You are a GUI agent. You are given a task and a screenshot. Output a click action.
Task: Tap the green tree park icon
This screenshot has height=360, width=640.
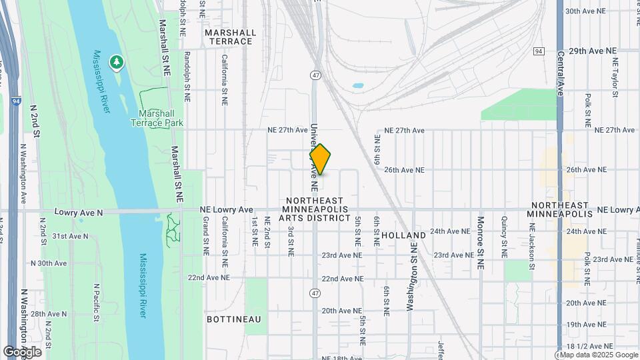coord(117,62)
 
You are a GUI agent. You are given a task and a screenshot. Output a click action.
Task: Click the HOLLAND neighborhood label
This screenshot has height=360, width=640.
coord(404,235)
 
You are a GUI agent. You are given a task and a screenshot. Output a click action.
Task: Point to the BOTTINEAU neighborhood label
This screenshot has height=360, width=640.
coord(233,319)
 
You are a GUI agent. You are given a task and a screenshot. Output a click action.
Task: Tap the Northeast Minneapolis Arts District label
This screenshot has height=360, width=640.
coord(315,209)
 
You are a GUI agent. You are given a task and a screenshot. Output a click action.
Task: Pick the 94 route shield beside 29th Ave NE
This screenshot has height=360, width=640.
coord(539,51)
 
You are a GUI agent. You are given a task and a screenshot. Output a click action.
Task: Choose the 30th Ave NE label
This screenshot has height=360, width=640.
coord(585,11)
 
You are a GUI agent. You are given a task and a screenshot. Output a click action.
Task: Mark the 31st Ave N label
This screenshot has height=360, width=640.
coord(71,236)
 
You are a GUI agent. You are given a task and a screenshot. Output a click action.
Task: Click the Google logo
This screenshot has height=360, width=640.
coord(22,352)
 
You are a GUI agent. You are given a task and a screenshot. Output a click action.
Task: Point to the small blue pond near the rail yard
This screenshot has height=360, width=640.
coord(357,87)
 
